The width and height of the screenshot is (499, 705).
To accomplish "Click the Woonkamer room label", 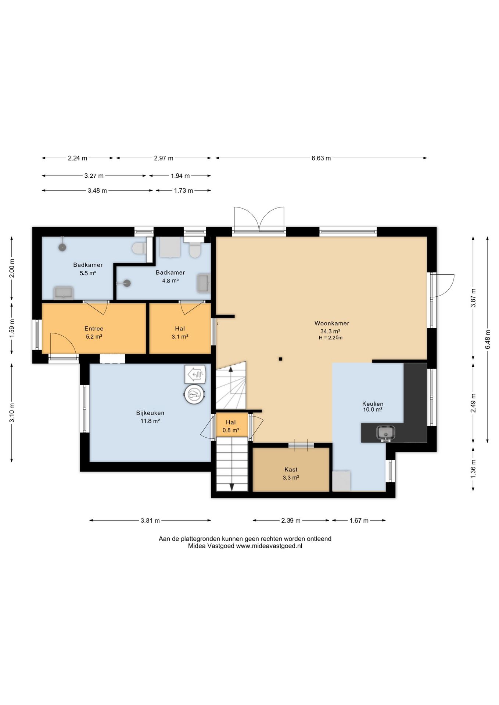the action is coord(331,323).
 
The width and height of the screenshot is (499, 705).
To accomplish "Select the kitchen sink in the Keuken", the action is coord(386,433).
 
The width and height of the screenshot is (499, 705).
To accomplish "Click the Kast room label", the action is coord(291,470).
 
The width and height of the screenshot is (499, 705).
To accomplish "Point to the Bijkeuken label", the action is coord(150,413).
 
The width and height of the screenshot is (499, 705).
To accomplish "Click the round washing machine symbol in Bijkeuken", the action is coord(194,395).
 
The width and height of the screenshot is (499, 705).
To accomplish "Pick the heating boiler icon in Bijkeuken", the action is coord(195,375).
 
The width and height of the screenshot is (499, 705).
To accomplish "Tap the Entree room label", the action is coord(94,329).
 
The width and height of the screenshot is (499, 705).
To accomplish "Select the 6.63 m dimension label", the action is coord(321,158).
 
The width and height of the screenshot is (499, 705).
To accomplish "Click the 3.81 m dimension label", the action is coord(150,520).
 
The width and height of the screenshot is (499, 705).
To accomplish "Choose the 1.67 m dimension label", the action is coord(359,520).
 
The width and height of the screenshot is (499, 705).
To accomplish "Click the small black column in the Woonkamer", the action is coord(280,359).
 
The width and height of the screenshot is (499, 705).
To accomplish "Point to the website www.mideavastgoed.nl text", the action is coord(269,546).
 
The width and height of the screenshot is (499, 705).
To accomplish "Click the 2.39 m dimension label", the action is coord(291,520).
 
